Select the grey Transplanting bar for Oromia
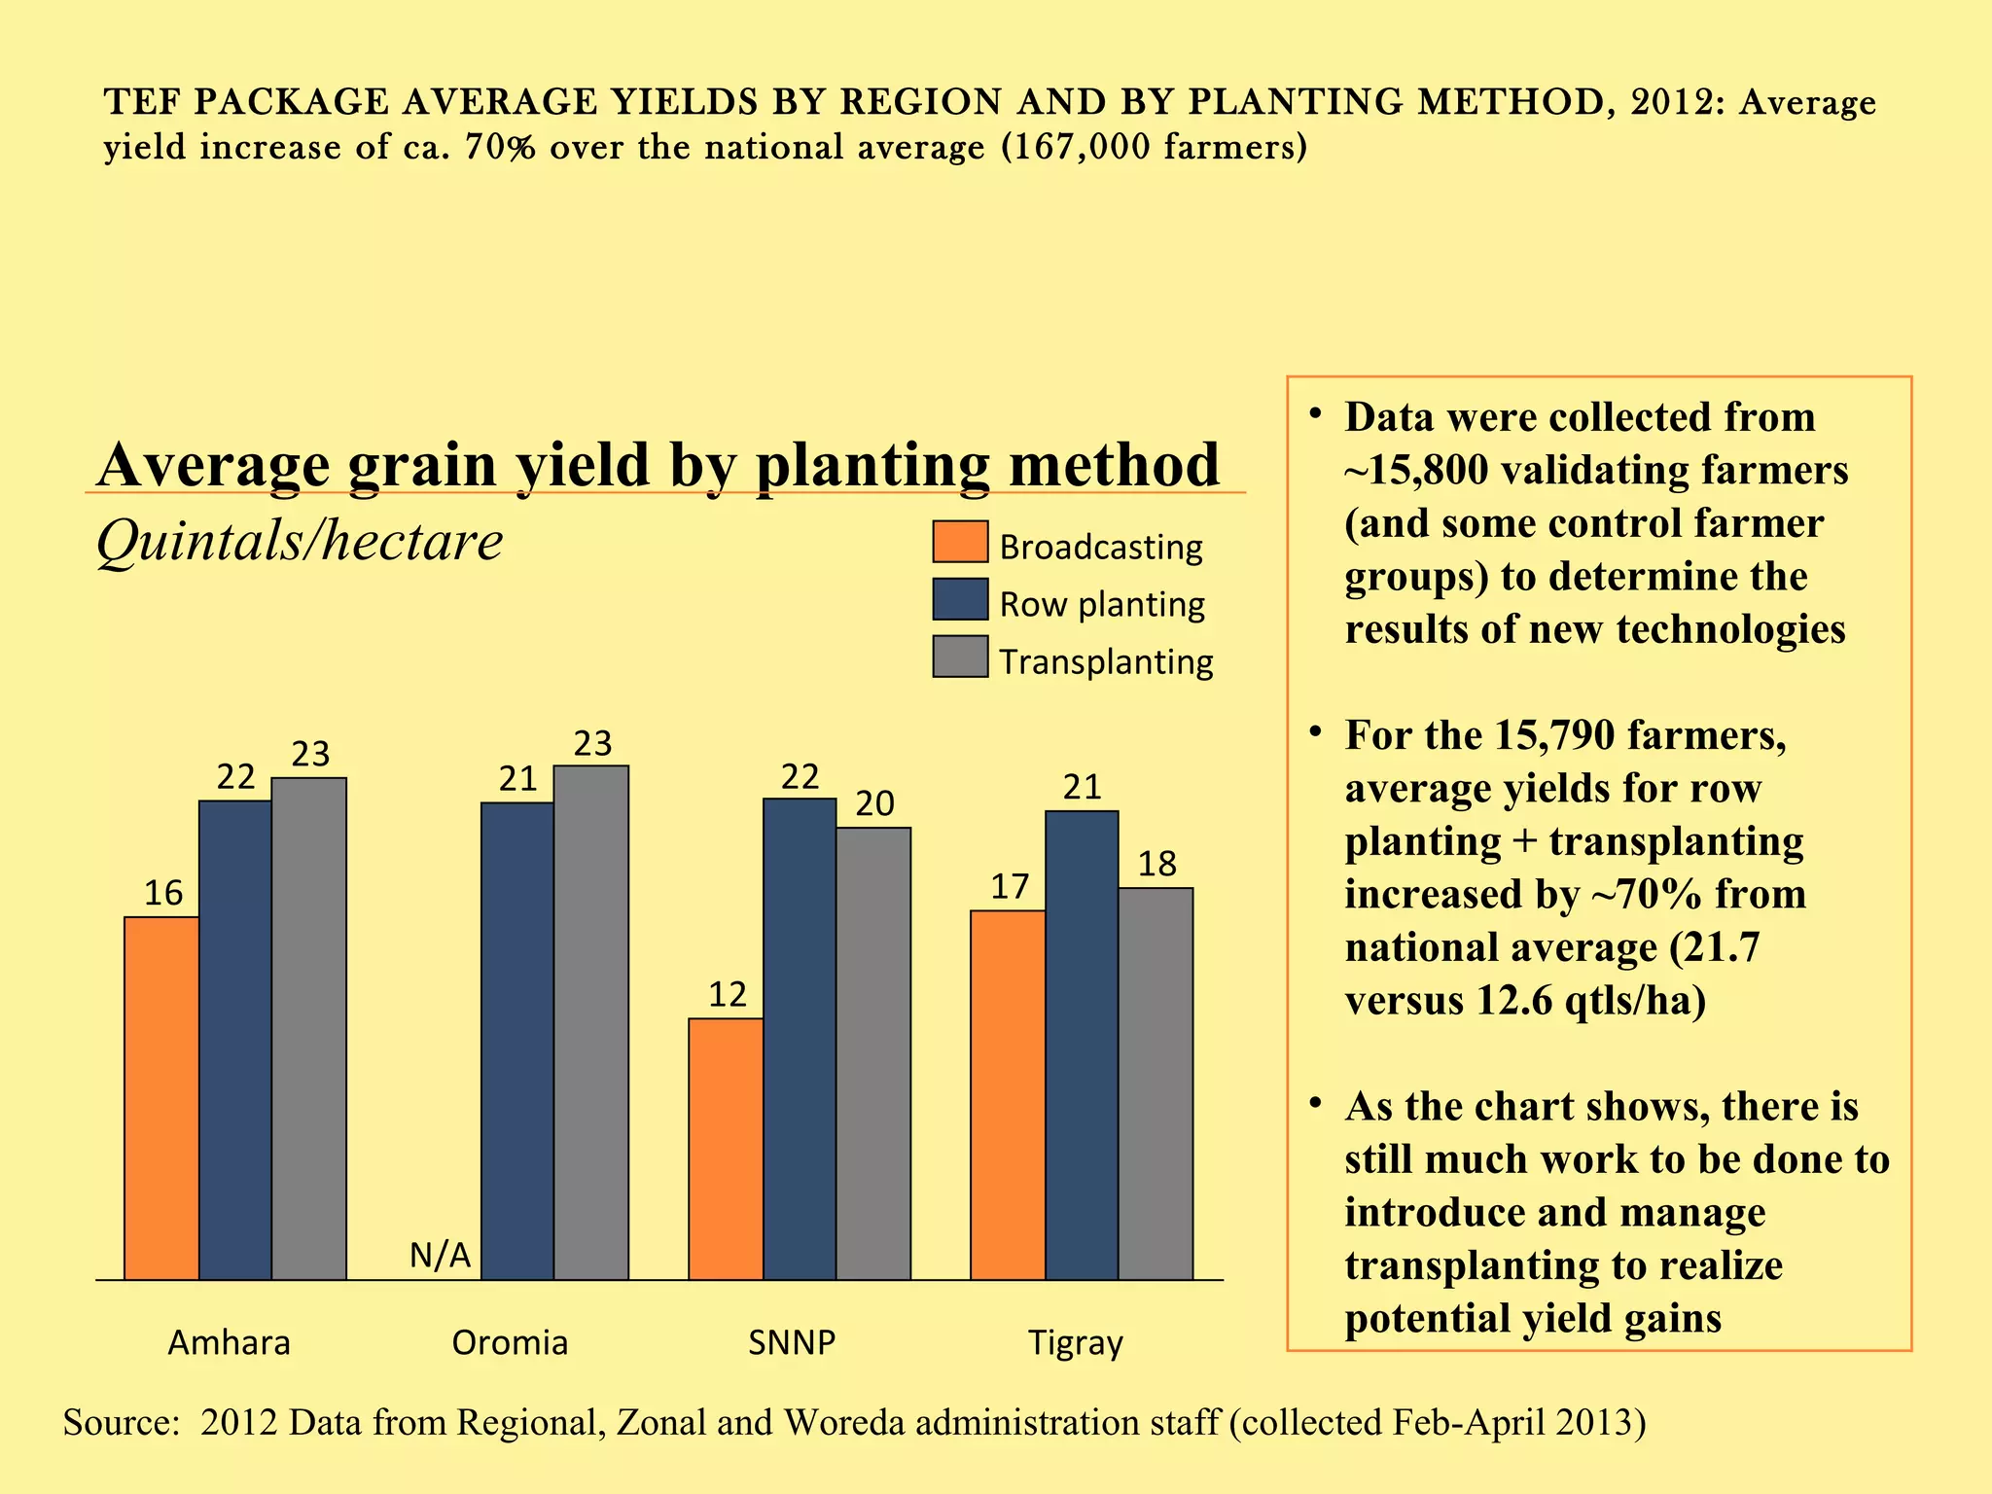coord(590,1021)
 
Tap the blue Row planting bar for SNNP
coord(800,1038)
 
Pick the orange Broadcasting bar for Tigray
coord(1008,1094)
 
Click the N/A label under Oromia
coord(440,1256)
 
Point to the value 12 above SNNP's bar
coord(728,994)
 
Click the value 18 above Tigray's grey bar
coord(1156,864)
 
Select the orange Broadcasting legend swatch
coord(960,542)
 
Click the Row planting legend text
coord(1102,604)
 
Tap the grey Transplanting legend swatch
coord(960,657)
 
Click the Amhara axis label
coord(230,1342)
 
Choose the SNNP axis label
coord(792,1342)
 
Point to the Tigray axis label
coord(1076,1343)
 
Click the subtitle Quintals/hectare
coord(300,541)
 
